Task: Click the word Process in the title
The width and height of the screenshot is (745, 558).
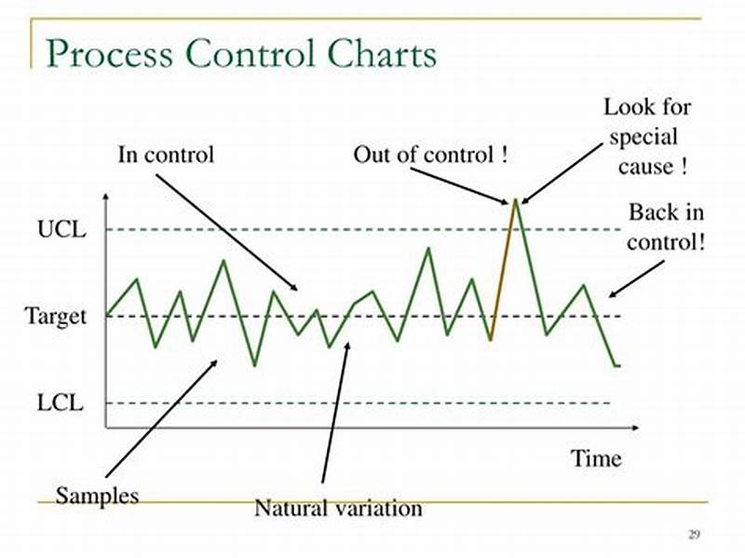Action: coord(108,53)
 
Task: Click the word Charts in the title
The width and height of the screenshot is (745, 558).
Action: coord(382,53)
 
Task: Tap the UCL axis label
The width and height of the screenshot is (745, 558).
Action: coord(61,229)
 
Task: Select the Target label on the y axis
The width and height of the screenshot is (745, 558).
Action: coord(55,316)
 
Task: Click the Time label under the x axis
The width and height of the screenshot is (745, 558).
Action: coord(596,458)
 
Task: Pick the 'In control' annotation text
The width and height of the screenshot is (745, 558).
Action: coord(166,154)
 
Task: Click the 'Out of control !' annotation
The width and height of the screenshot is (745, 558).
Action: coord(430,155)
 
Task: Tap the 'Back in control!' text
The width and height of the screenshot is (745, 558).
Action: coord(665,226)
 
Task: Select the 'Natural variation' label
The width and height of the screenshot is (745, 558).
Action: coord(338,509)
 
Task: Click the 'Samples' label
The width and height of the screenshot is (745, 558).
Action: coord(97,494)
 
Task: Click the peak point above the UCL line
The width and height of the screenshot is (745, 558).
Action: coord(514,199)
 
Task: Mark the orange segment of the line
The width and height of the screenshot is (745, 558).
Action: coord(502,270)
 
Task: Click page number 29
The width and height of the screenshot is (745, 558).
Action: coord(694,534)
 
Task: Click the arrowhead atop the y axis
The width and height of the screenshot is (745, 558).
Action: coord(106,198)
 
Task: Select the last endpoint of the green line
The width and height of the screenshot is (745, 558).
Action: coord(618,365)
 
